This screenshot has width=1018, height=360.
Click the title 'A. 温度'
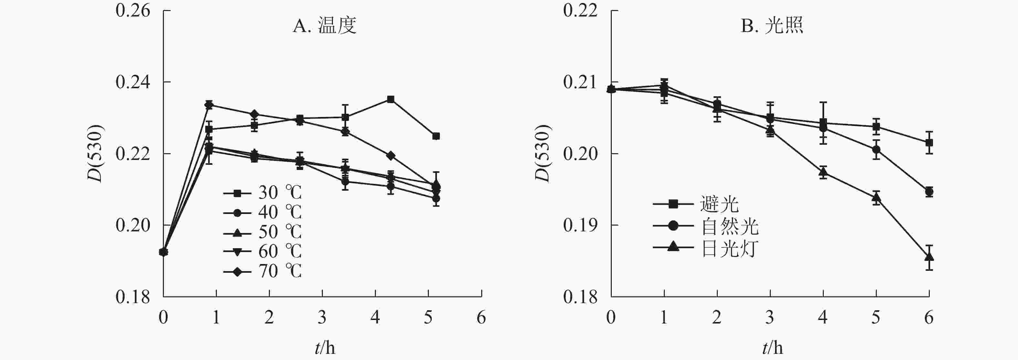pyautogui.click(x=324, y=26)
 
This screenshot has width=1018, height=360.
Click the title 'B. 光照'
pyautogui.click(x=772, y=26)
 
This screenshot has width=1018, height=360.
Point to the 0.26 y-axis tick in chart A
pyautogui.click(x=133, y=11)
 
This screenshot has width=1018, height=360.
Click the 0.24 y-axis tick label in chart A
pyautogui.click(x=133, y=82)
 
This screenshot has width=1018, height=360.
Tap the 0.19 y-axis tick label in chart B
pyautogui.click(x=580, y=225)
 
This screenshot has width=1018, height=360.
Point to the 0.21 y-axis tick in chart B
pyautogui.click(x=580, y=82)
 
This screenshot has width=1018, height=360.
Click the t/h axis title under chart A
pyautogui.click(x=325, y=348)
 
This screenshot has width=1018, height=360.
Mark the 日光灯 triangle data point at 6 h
pyautogui.click(x=929, y=257)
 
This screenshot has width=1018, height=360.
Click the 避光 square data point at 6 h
pyautogui.click(x=929, y=142)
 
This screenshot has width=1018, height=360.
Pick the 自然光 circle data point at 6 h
pyautogui.click(x=929, y=192)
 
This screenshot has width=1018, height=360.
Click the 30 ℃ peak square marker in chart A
pyautogui.click(x=390, y=99)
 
